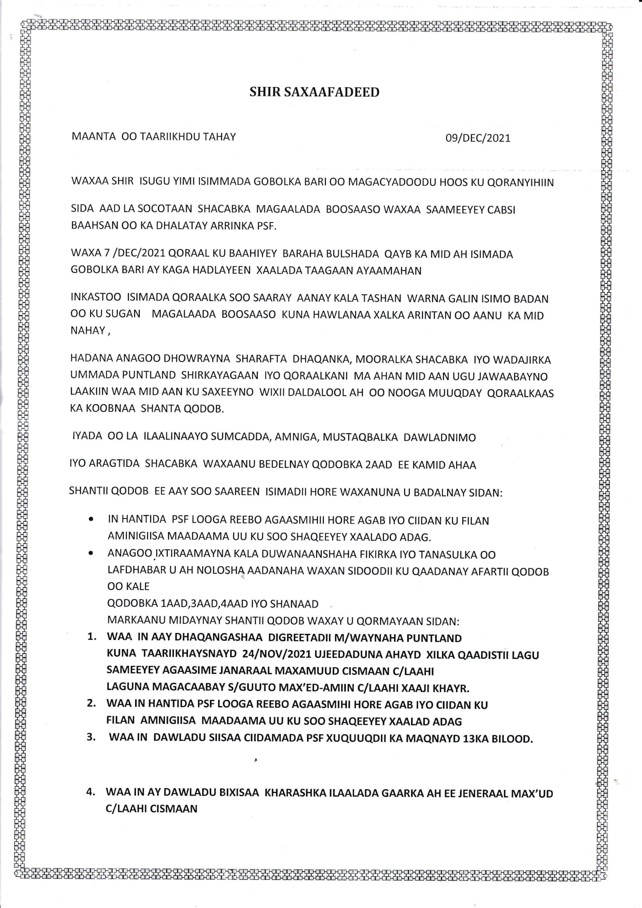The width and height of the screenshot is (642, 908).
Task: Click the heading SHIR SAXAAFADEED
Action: pos(314,92)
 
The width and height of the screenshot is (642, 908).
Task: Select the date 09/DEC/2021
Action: pos(477,138)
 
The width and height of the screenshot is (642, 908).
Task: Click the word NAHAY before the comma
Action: pos(87,330)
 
